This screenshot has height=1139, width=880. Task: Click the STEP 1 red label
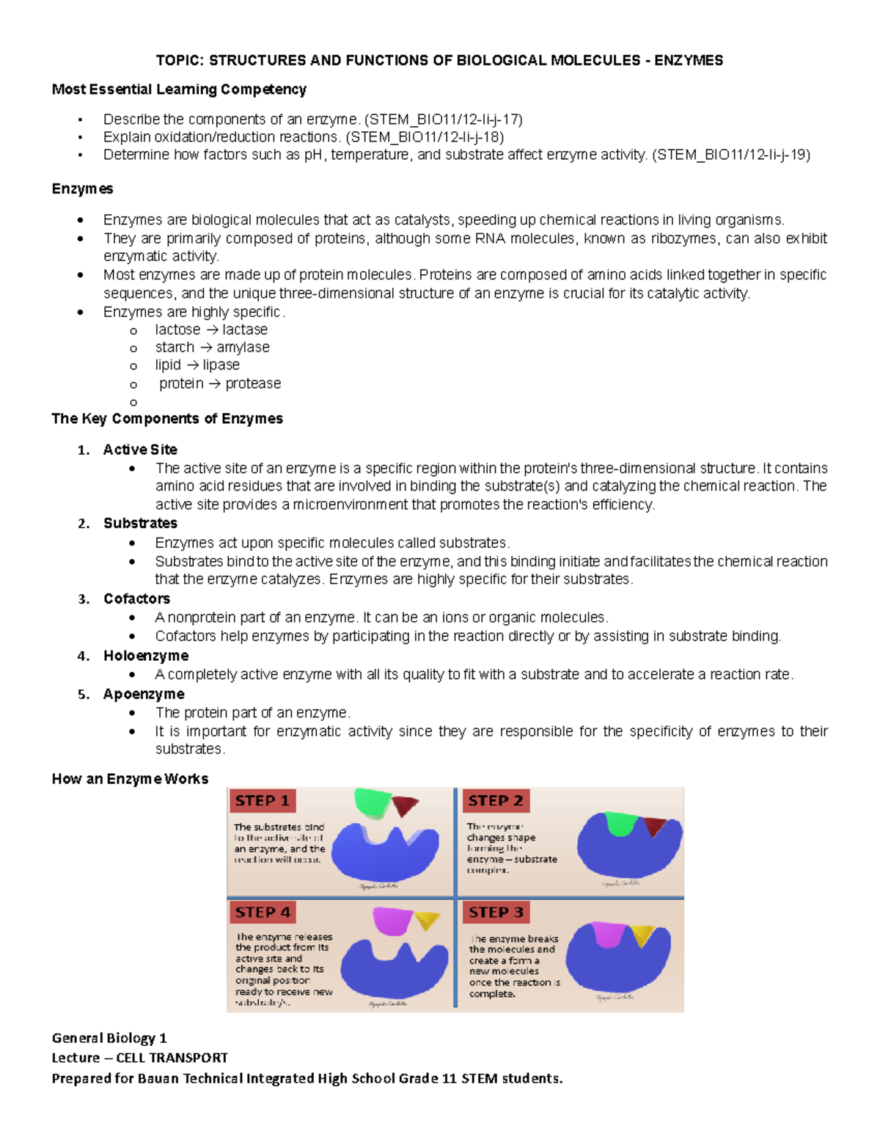tap(263, 800)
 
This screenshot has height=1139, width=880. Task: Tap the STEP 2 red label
tap(496, 800)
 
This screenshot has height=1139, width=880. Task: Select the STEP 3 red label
tap(496, 912)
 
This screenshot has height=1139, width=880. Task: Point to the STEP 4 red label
tap(263, 912)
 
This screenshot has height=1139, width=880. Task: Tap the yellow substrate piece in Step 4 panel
tap(427, 920)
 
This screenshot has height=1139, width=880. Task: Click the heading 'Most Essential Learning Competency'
tap(179, 89)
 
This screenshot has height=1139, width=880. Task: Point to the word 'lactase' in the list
tap(245, 329)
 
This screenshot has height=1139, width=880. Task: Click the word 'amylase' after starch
tap(243, 347)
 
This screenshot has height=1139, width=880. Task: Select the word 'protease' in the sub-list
tap(253, 384)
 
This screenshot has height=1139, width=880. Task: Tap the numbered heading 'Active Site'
tap(140, 450)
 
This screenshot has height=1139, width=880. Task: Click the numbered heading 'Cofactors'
tap(136, 598)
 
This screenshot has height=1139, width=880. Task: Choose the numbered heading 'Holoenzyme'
tap(146, 656)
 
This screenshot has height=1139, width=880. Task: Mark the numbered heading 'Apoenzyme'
tap(144, 694)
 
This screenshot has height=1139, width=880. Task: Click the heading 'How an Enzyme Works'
tap(130, 779)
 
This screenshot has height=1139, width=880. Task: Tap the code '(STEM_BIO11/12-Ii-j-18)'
tap(425, 137)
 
